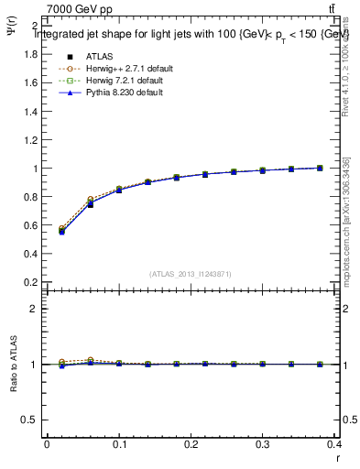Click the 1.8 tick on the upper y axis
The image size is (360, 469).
(29, 54)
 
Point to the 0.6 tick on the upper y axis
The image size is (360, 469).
(29, 225)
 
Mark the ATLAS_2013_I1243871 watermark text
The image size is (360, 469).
(191, 274)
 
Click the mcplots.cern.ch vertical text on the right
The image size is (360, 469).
(349, 220)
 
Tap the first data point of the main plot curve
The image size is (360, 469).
(61, 231)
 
